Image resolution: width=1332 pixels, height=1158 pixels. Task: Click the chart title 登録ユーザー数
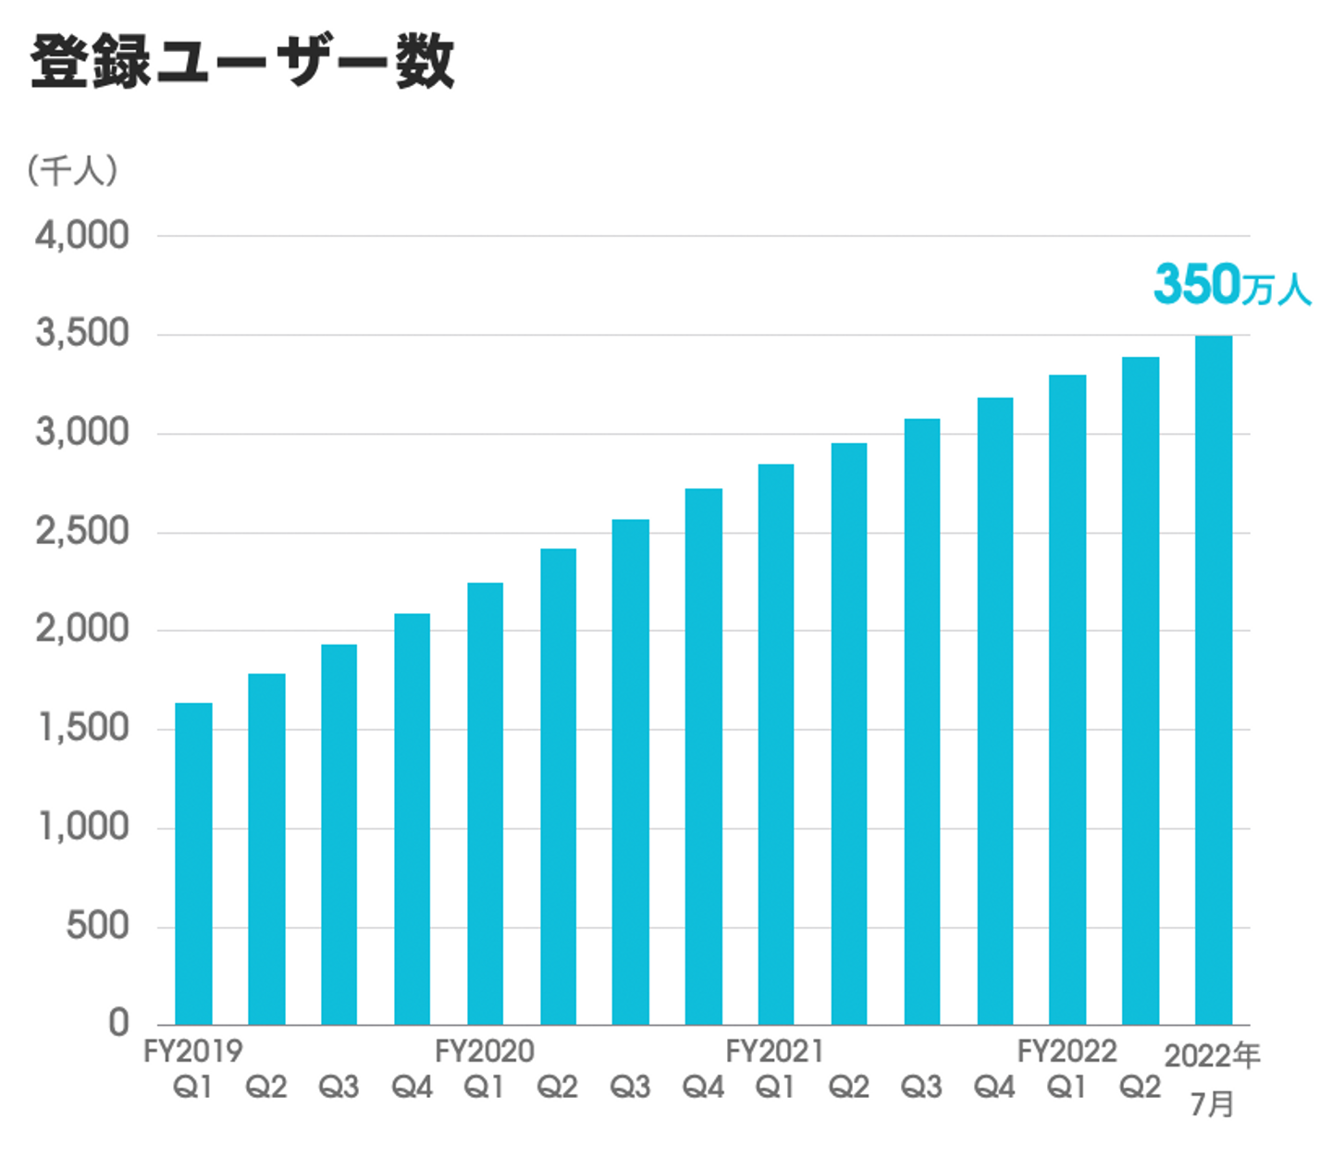pyautogui.click(x=242, y=63)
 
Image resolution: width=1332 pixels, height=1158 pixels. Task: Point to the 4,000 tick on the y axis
pyautogui.click(x=82, y=236)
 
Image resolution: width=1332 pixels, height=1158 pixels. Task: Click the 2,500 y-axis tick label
pyautogui.click(x=82, y=532)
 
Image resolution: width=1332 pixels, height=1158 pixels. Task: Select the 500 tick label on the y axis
pyautogui.click(x=97, y=925)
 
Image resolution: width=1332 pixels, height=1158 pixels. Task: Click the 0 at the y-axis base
pyautogui.click(x=118, y=1023)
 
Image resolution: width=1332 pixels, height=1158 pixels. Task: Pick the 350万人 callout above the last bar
pyautogui.click(x=1231, y=285)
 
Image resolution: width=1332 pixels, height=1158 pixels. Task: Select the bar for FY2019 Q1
pyautogui.click(x=193, y=864)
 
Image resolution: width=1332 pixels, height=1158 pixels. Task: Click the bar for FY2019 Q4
pyautogui.click(x=412, y=819)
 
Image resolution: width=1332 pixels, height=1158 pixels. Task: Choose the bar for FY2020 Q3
pyautogui.click(x=630, y=771)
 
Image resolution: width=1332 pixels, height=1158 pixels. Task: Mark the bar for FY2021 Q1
pyautogui.click(x=775, y=744)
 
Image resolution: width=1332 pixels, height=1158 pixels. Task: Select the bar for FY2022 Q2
pyautogui.click(x=1140, y=690)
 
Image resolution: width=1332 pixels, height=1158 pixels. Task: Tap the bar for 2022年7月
pyautogui.click(x=1213, y=680)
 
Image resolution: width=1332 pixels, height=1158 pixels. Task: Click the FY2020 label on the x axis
pyautogui.click(x=485, y=1052)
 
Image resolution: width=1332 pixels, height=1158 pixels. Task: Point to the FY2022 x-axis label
pyautogui.click(x=1067, y=1052)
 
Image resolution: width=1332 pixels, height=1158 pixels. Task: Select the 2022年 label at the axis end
pyautogui.click(x=1212, y=1055)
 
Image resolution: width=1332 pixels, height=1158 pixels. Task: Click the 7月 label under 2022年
pyautogui.click(x=1212, y=1103)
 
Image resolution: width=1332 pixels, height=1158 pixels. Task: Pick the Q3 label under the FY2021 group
pyautogui.click(x=921, y=1087)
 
